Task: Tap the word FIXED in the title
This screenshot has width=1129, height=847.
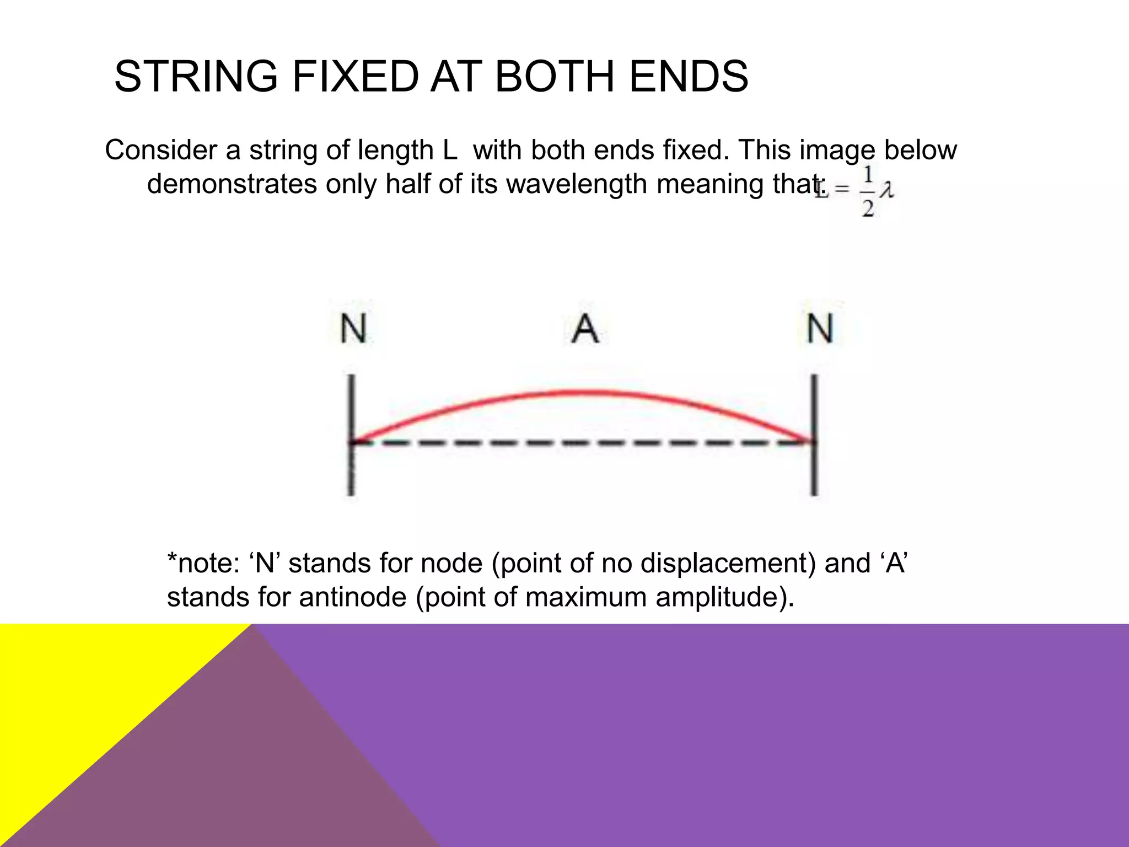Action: click(x=356, y=76)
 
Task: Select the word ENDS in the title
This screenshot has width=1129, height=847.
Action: click(x=689, y=76)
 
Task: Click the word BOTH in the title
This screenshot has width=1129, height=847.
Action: click(x=555, y=76)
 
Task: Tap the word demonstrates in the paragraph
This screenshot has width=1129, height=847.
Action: click(x=232, y=184)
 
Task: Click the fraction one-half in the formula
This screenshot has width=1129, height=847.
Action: click(x=868, y=191)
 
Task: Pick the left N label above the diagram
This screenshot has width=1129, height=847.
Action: click(x=353, y=329)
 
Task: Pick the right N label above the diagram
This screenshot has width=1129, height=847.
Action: click(x=820, y=329)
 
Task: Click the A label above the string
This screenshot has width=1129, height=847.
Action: click(x=585, y=329)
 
